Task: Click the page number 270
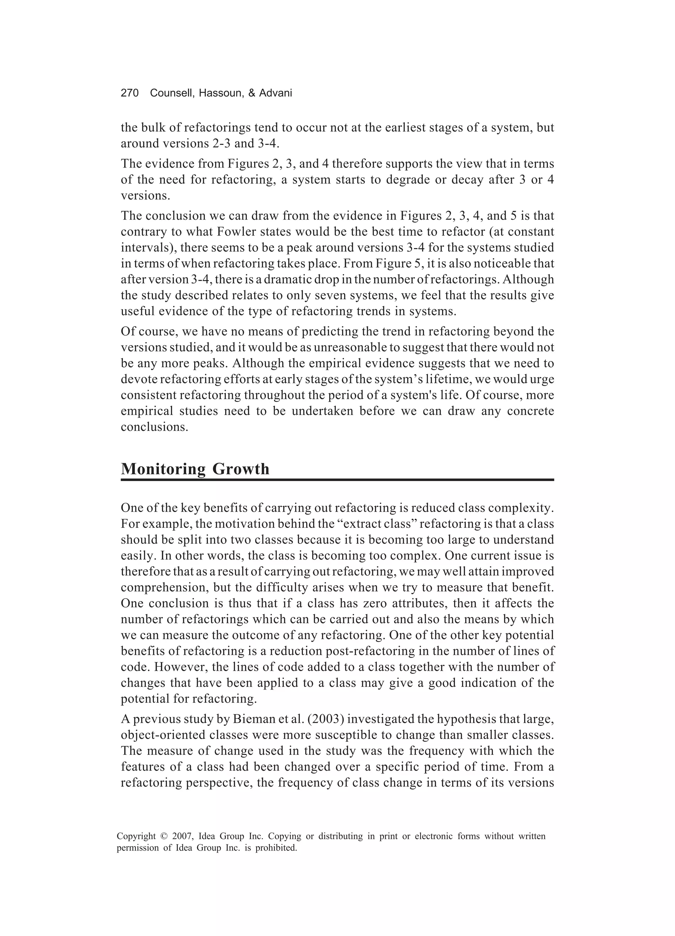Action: [x=130, y=93]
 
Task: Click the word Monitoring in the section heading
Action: [x=163, y=469]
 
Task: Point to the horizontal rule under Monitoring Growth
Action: [x=337, y=480]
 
